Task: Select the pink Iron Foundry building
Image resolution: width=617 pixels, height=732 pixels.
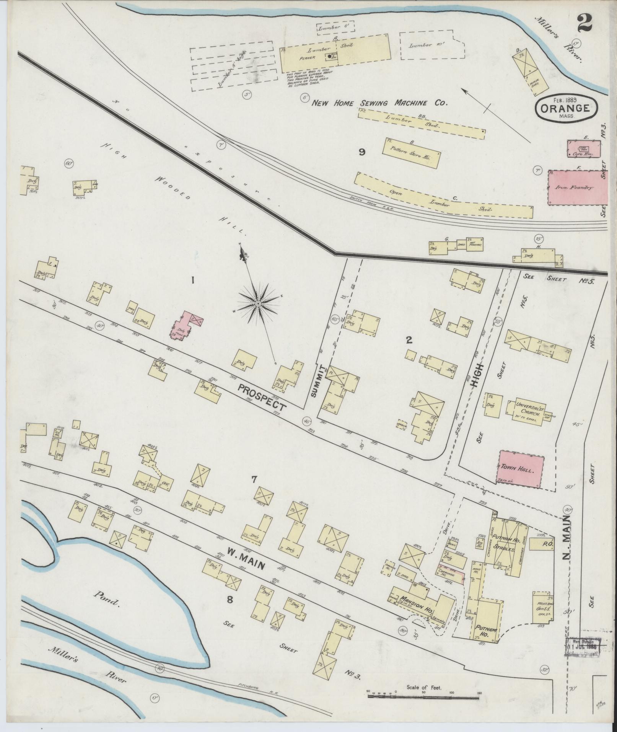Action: tap(578, 188)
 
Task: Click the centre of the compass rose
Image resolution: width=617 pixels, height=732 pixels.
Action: tap(257, 303)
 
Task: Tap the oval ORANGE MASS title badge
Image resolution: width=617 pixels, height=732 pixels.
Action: tap(567, 109)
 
